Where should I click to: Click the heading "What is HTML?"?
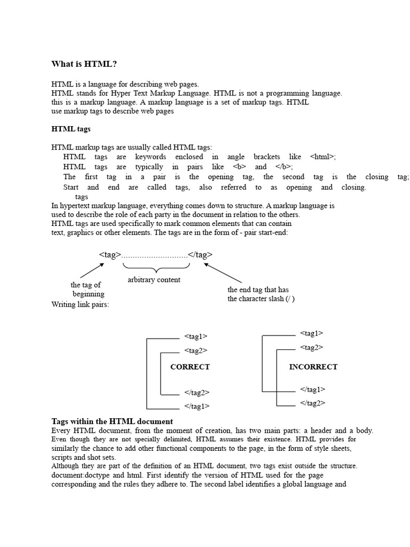coord(84,64)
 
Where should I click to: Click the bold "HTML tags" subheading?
coord(71,129)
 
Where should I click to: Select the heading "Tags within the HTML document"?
coord(112,421)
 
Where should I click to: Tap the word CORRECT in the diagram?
coord(190,366)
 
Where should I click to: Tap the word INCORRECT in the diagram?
coord(313,366)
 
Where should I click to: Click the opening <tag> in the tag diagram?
coord(111,254)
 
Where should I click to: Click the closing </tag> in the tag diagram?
coord(200,254)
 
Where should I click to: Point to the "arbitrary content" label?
coord(154,279)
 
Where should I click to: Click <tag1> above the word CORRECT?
coord(196,336)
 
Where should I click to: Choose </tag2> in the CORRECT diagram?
coord(196,392)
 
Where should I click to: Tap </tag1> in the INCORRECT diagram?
coord(313,389)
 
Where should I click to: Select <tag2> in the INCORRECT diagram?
coord(312,347)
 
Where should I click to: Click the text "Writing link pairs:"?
coord(80,304)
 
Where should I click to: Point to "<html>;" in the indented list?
coord(323,157)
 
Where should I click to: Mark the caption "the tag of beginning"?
coord(87,290)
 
